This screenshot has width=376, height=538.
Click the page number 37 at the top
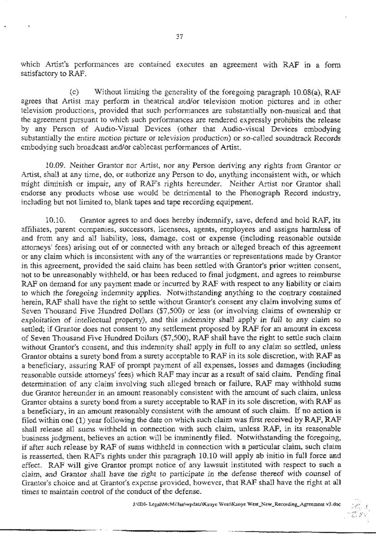(188, 39)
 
